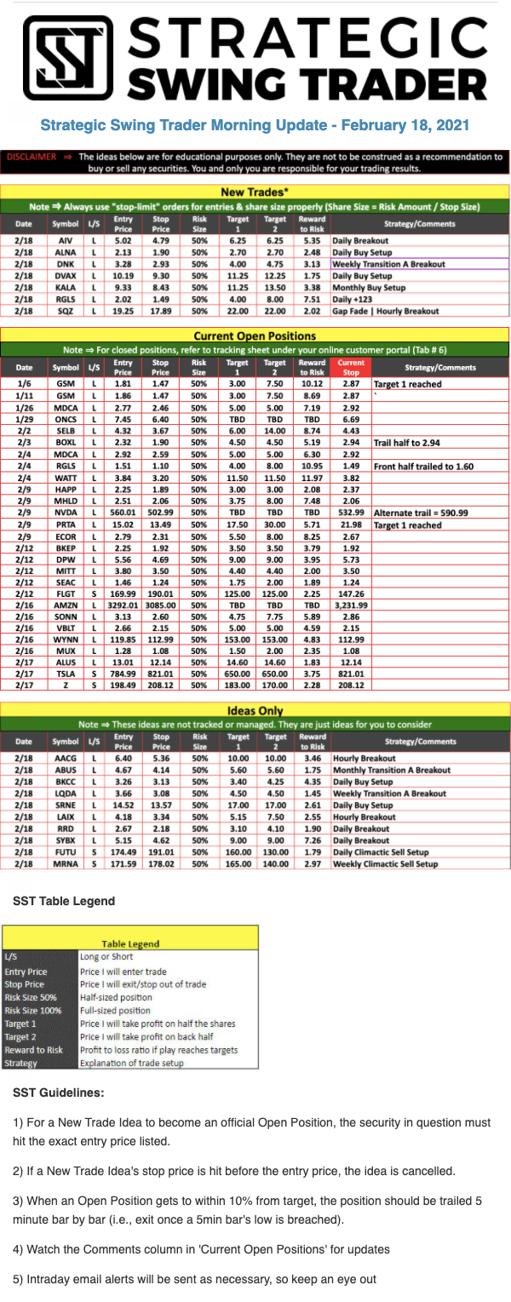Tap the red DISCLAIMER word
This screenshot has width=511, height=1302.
click(31, 158)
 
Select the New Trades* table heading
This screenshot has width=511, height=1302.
click(255, 192)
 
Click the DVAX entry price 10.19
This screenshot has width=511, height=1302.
click(123, 277)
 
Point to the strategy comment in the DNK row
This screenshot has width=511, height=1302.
click(388, 265)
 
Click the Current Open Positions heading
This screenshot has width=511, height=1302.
click(255, 336)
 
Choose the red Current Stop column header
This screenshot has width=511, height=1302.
click(351, 367)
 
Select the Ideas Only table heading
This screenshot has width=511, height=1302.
click(255, 710)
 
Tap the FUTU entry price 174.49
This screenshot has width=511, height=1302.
click(123, 852)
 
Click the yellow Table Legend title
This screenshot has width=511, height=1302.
click(131, 944)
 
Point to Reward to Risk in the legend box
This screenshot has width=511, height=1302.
click(33, 1050)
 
